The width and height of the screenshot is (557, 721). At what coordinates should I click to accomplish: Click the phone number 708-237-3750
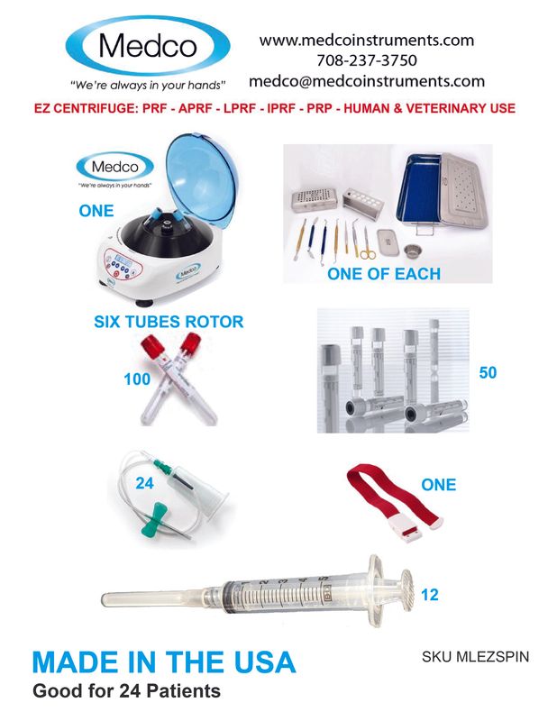367,60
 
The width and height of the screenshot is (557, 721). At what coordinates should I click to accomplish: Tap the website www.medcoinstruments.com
367,41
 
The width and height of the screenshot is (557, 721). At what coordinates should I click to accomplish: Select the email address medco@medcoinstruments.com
367,81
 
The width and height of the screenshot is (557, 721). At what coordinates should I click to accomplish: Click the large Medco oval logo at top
148,46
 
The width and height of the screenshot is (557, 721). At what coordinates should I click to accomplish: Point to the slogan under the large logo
148,85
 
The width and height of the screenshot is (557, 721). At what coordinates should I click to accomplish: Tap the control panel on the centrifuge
123,263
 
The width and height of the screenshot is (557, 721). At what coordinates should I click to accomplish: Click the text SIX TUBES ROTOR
169,322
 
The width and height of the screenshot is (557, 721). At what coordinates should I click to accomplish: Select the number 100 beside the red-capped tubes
137,379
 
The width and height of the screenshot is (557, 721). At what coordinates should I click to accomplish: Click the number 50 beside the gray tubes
488,372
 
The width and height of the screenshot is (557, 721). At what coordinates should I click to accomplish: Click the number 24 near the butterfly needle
144,483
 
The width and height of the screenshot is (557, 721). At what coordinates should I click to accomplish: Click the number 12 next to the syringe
430,595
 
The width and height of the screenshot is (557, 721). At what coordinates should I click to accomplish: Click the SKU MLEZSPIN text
475,656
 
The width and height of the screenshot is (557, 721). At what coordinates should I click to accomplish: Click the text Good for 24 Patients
126,690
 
